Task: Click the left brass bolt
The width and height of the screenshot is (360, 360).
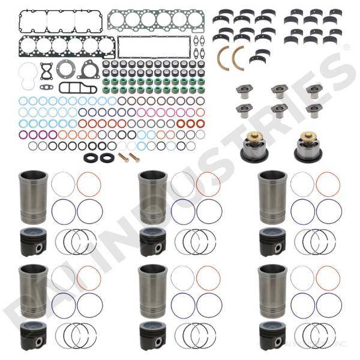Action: (123, 157)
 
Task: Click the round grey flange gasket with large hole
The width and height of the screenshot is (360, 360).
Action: (65, 70)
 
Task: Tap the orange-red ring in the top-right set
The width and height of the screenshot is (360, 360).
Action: (328, 184)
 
